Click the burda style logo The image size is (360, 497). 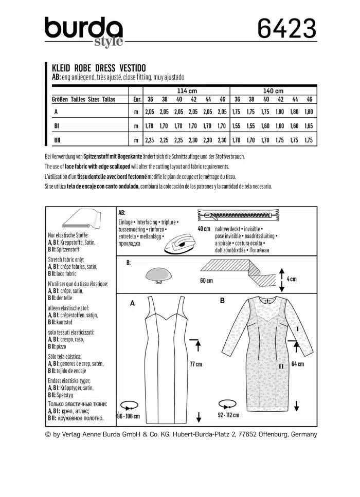(x=83, y=31)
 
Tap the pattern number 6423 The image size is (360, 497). (x=287, y=30)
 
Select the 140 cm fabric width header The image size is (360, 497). (x=273, y=90)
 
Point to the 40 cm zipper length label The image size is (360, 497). (x=204, y=228)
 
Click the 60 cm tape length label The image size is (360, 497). (x=206, y=281)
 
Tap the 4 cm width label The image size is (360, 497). (x=292, y=279)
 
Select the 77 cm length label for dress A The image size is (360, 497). (x=196, y=364)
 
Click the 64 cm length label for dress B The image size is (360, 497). (x=298, y=364)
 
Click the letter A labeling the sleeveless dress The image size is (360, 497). (x=132, y=304)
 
